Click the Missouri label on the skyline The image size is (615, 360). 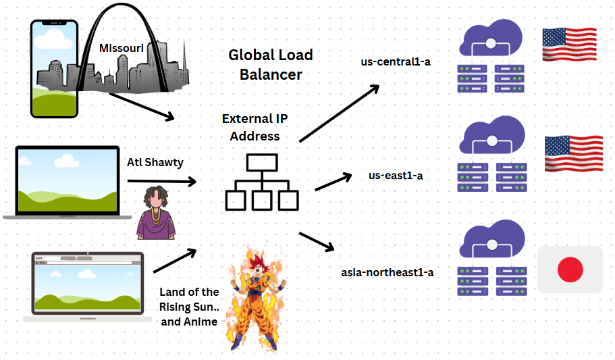click(x=122, y=48)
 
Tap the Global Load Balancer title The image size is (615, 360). click(x=270, y=64)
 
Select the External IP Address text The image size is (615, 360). click(x=255, y=127)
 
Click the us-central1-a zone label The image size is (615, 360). click(x=396, y=61)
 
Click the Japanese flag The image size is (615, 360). click(x=570, y=269)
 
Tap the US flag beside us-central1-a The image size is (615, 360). click(x=569, y=45)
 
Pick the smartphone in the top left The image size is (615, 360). click(x=55, y=68)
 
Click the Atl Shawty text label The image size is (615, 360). click(x=155, y=162)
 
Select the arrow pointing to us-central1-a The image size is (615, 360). click(x=339, y=113)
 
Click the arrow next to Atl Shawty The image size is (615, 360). click(x=161, y=181)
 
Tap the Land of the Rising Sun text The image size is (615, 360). click(x=189, y=307)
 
